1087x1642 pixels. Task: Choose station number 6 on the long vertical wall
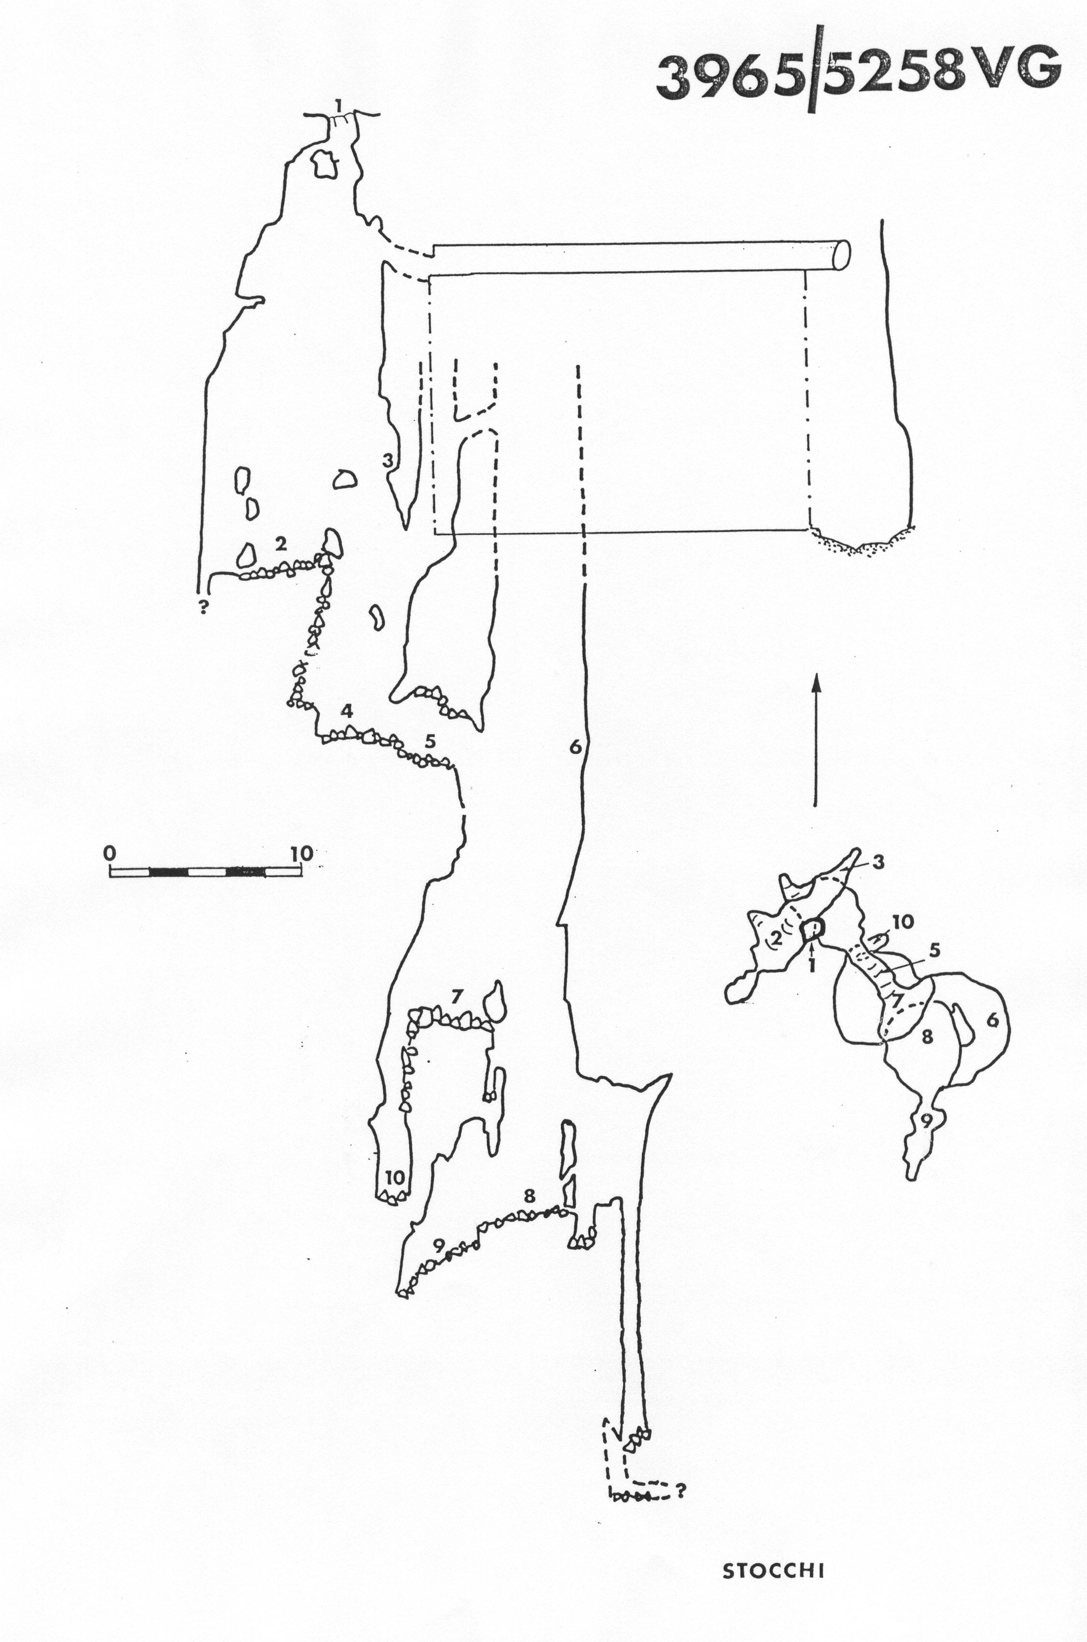574,747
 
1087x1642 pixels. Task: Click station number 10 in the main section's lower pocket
394,1177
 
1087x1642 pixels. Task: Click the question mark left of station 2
204,609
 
